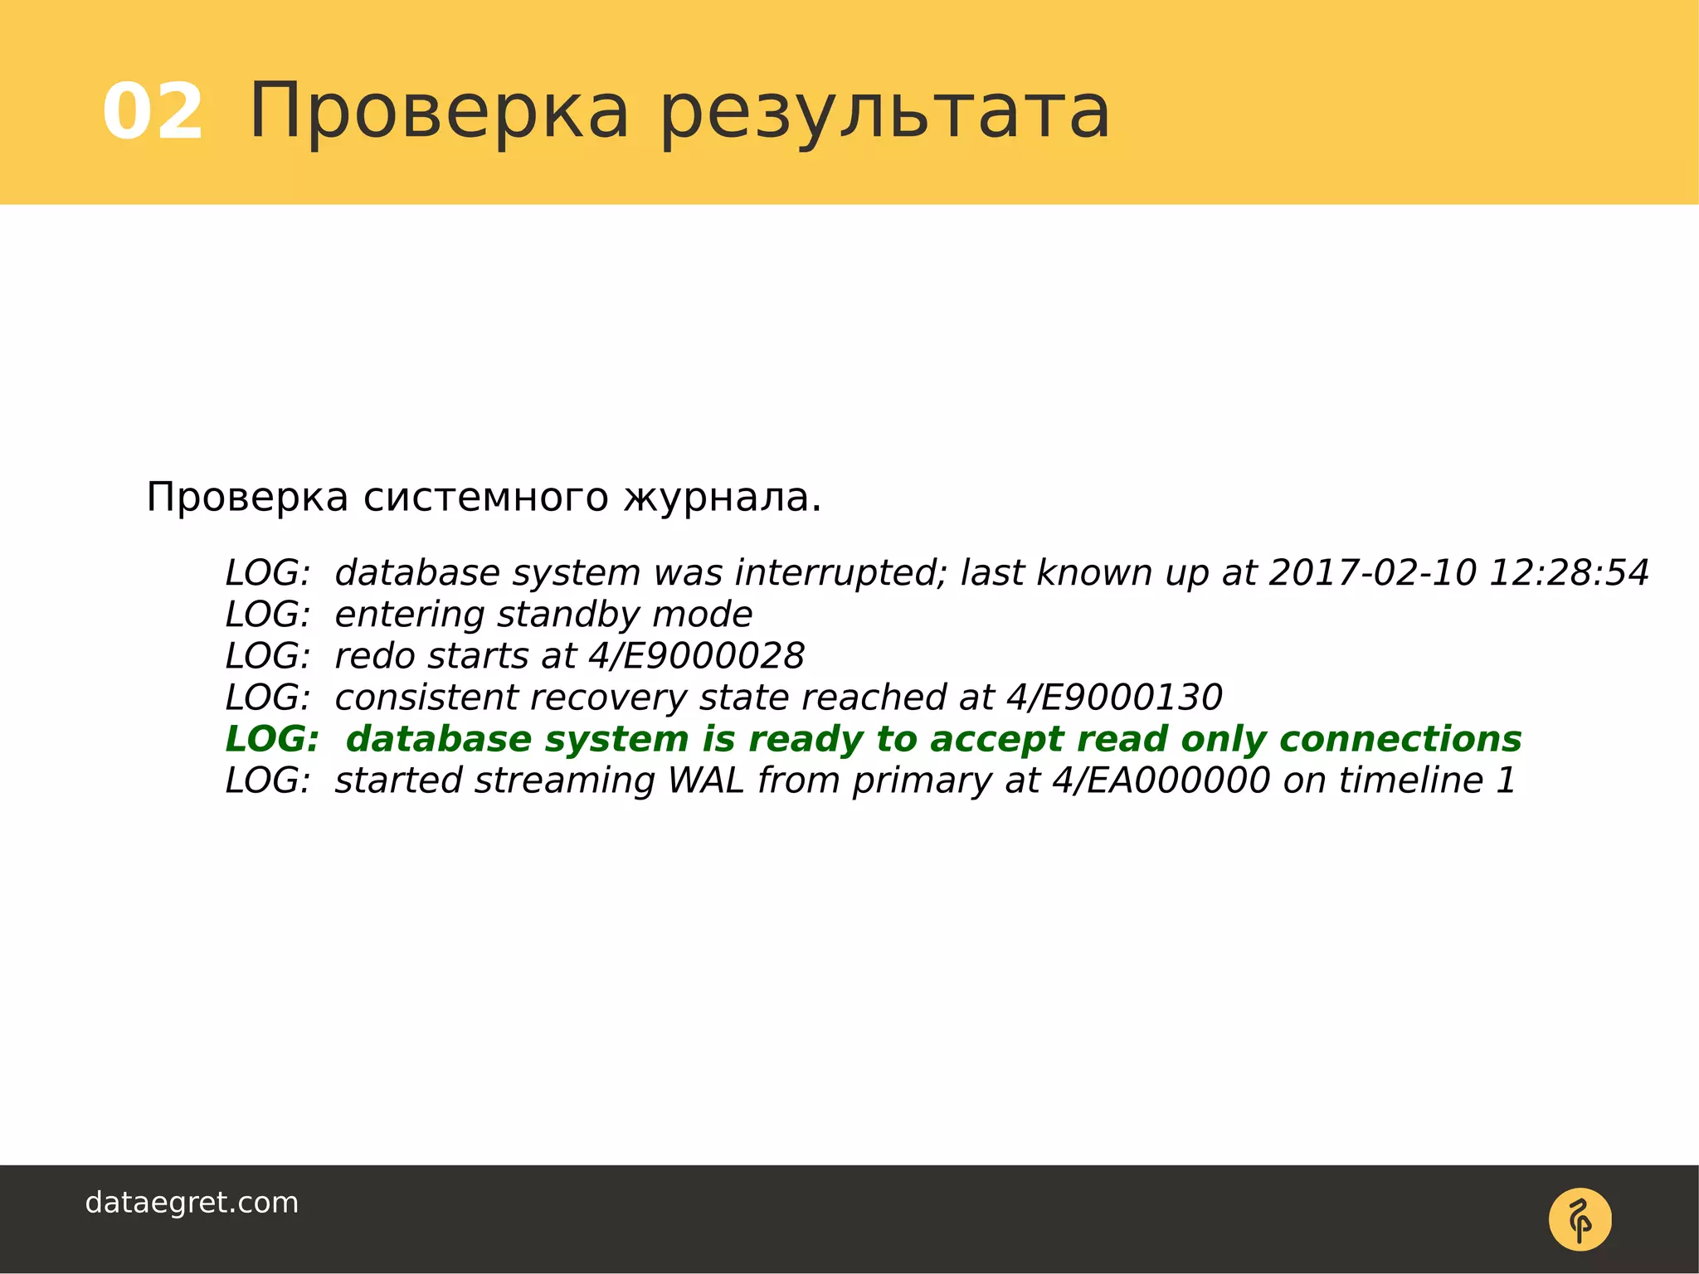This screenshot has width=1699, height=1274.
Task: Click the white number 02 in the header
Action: pyautogui.click(x=153, y=112)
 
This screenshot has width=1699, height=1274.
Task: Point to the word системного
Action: pyautogui.click(x=486, y=498)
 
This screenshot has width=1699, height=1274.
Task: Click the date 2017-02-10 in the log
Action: pyautogui.click(x=1373, y=573)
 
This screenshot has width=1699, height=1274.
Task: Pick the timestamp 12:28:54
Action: pyautogui.click(x=1569, y=573)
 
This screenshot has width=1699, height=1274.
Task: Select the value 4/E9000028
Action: pyautogui.click(x=696, y=656)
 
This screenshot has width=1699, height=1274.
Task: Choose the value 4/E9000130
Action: pyautogui.click(x=1114, y=698)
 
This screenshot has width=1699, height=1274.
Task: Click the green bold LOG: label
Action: pyautogui.click(x=272, y=739)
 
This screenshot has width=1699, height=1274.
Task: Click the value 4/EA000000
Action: pyautogui.click(x=1161, y=780)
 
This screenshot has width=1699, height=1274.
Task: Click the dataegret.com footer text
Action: pyautogui.click(x=192, y=1203)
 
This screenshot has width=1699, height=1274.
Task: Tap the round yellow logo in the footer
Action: pyautogui.click(x=1580, y=1219)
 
